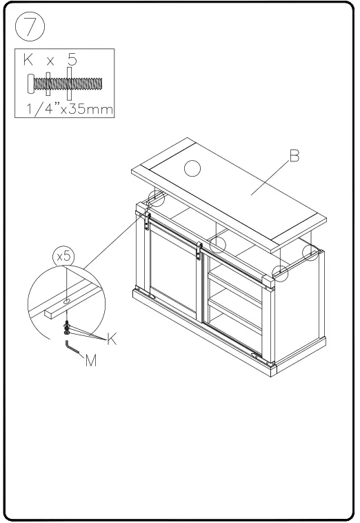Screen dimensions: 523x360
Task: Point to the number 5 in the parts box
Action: click(71, 61)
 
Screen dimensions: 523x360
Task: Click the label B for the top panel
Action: click(294, 157)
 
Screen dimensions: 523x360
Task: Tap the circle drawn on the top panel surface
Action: click(194, 167)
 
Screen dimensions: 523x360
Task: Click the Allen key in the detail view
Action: click(71, 346)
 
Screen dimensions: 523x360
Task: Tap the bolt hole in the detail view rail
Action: click(65, 302)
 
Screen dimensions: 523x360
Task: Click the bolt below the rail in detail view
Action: click(66, 326)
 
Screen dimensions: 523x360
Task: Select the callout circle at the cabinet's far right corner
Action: click(312, 253)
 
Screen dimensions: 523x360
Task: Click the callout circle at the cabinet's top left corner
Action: click(157, 199)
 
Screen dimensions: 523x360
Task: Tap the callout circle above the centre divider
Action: click(219, 244)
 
